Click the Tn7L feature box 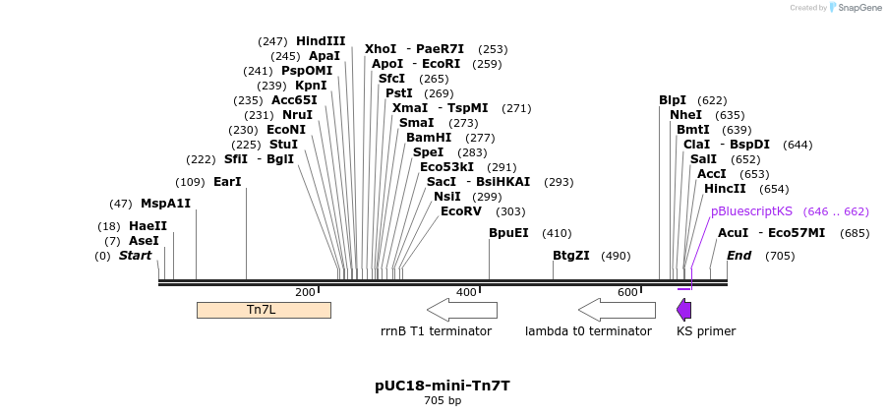point(264,310)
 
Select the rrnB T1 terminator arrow point(461,310)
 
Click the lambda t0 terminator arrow point(617,310)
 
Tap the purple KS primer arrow point(683,310)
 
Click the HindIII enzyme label point(321,41)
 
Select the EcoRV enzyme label point(461,211)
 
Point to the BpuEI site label point(508,233)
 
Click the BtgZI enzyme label point(570,256)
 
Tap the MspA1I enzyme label point(165,204)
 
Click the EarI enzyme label point(227,182)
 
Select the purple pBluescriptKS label point(751,211)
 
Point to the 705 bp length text point(442,401)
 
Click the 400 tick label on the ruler point(465,292)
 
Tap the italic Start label point(136,256)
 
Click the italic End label point(738,256)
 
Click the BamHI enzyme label point(429,138)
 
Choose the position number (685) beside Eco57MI point(856,233)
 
